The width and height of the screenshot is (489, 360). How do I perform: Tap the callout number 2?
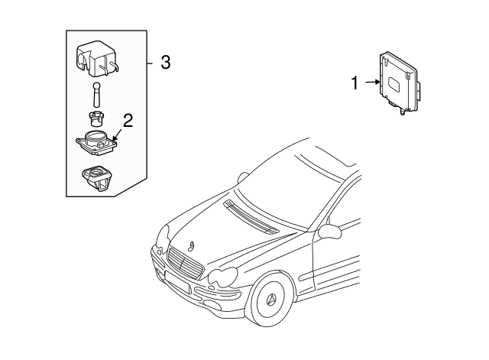[128, 119]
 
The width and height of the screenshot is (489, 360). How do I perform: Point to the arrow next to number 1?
[372, 83]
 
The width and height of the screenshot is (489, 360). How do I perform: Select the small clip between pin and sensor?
[96, 118]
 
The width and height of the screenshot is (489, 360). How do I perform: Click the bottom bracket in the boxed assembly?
[98, 177]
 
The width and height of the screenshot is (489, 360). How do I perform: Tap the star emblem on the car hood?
[191, 247]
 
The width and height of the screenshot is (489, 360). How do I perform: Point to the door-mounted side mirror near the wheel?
[329, 230]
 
